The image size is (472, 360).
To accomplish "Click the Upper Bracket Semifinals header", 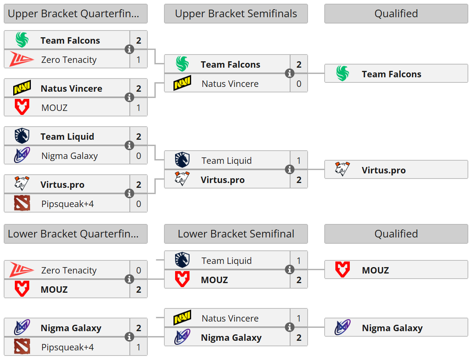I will tap(236, 14).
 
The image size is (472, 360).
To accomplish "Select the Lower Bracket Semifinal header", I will tap(236, 234).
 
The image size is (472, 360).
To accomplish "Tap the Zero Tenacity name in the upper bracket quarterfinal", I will tap(69, 60).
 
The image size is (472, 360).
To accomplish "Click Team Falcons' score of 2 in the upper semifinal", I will tap(299, 64).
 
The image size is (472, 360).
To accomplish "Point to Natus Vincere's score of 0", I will tap(299, 84).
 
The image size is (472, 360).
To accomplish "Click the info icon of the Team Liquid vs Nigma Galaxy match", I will tap(129, 146).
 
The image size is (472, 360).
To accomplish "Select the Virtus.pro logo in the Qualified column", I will tap(342, 169).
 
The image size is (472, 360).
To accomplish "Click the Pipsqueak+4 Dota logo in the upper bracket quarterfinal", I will tap(22, 203).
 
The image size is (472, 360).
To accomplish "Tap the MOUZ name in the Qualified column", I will tap(375, 270).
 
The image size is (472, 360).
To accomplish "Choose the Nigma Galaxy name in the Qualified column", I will tap(392, 328).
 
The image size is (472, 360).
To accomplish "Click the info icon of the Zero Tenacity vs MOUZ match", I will tap(129, 280).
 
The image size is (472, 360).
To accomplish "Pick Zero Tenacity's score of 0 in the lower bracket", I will tap(139, 270).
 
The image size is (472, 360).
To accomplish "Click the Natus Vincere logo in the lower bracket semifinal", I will tap(182, 318).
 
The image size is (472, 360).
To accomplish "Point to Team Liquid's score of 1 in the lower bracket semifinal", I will tap(299, 261).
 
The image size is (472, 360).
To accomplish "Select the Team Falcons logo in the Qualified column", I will tap(342, 74).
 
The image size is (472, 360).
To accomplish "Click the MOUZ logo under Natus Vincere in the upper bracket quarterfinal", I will tap(22, 107).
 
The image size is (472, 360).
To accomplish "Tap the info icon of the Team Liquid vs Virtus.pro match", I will tap(289, 170).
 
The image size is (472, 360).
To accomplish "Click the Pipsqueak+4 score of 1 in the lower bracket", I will tap(139, 347).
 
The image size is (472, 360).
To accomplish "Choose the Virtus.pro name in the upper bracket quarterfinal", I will tap(62, 185).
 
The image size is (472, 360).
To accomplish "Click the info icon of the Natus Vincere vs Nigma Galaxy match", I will tap(289, 328).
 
